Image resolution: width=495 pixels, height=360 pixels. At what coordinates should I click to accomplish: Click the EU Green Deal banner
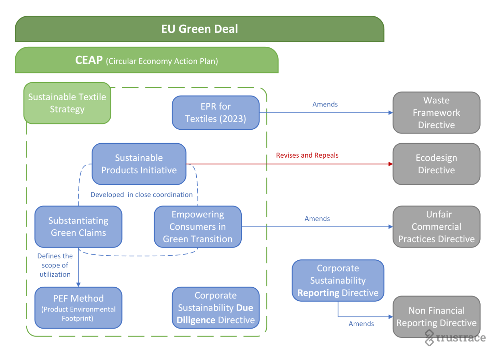pyautogui.click(x=199, y=29)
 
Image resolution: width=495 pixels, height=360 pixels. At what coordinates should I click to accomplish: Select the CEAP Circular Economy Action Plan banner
pyautogui.click(x=146, y=60)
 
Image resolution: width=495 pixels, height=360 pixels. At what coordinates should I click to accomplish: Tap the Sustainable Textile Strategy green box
pyautogui.click(x=67, y=103)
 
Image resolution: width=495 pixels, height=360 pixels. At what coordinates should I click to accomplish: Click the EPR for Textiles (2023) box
pyautogui.click(x=215, y=113)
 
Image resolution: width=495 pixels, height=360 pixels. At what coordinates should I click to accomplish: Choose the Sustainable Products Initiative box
pyautogui.click(x=139, y=164)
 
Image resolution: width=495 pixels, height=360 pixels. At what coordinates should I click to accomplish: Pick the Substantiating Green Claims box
pyautogui.click(x=78, y=227)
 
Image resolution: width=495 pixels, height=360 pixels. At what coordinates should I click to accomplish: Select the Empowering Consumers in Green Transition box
pyautogui.click(x=198, y=227)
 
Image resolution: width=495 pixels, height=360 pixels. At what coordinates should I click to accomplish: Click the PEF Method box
pyautogui.click(x=78, y=308)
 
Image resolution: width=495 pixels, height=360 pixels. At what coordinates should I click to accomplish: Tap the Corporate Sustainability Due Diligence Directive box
pyautogui.click(x=215, y=308)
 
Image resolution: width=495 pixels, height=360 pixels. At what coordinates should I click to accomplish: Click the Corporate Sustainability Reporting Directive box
pyautogui.click(x=338, y=280)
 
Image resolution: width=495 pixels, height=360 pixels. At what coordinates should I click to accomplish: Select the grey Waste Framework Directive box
pyautogui.click(x=436, y=113)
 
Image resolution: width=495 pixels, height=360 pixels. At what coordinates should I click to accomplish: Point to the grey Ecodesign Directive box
pyautogui.click(x=436, y=164)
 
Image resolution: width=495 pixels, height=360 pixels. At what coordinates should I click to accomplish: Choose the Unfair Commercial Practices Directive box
pyautogui.click(x=436, y=227)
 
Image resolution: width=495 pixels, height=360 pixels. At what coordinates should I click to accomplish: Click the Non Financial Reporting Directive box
pyautogui.click(x=436, y=317)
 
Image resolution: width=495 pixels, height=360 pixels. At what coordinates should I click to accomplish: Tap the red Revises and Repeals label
pyautogui.click(x=307, y=155)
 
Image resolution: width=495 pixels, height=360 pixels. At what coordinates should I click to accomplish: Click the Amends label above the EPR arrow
pyautogui.click(x=325, y=104)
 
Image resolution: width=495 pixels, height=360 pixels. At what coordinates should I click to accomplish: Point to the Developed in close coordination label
pyautogui.click(x=141, y=195)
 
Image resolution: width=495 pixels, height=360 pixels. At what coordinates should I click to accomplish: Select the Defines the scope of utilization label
pyautogui.click(x=55, y=265)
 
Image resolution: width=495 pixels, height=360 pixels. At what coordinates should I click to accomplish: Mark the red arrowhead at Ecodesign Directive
pyautogui.click(x=391, y=164)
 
